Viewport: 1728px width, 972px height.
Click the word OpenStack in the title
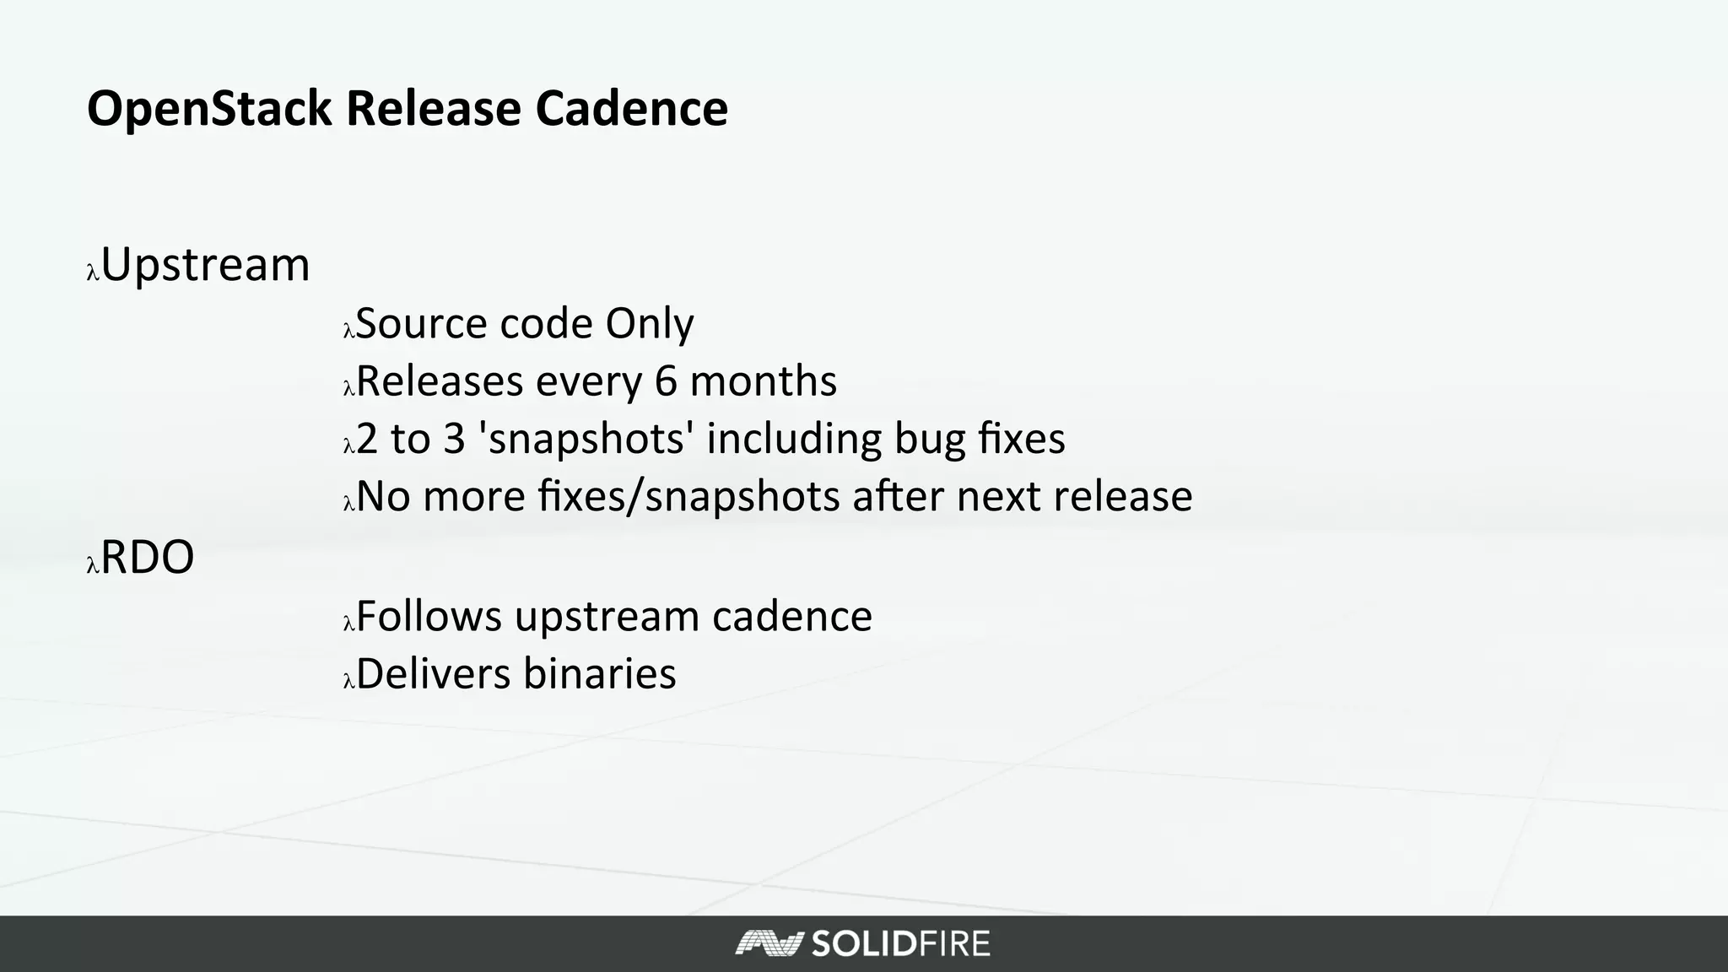tap(209, 110)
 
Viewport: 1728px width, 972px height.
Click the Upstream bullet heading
tap(205, 266)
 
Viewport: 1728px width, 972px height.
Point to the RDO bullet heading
tap(148, 558)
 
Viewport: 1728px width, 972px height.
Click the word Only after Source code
tap(649, 325)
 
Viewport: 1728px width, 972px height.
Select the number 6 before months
tap(666, 381)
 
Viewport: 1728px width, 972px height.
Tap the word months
tap(763, 381)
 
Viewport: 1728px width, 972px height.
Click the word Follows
tap(429, 616)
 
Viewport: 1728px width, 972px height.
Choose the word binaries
tap(599, 674)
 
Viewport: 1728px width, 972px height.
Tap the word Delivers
tap(434, 674)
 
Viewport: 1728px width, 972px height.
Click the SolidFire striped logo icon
tap(767, 943)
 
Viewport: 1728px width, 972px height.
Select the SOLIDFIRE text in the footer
tap(900, 943)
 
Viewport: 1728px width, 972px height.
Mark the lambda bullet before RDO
tap(93, 565)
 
